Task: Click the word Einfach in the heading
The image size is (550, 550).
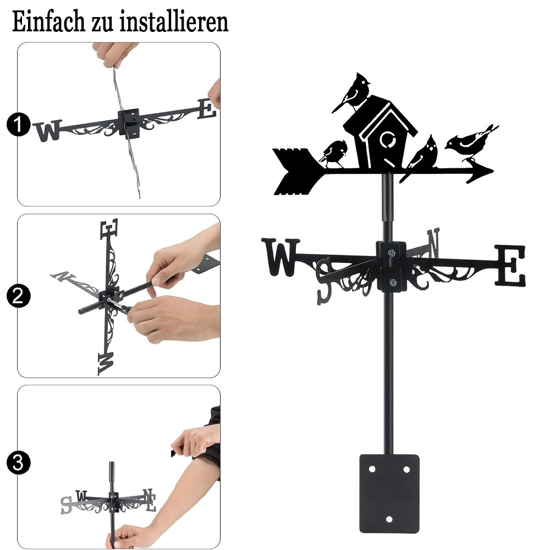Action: click(x=48, y=21)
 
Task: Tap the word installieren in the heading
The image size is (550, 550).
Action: click(x=174, y=21)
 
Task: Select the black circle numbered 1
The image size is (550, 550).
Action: click(x=18, y=124)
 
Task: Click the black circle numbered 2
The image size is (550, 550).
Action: click(x=18, y=296)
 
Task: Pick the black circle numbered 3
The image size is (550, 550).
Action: click(x=18, y=463)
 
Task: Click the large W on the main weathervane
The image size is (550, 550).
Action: click(x=280, y=257)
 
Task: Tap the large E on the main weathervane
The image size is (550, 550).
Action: click(x=510, y=265)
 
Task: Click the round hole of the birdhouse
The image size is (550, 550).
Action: click(x=388, y=140)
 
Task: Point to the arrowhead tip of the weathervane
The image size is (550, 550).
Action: click(x=493, y=171)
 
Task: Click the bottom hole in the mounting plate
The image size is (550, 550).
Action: click(x=389, y=519)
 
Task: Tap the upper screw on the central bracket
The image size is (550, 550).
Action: click(x=392, y=252)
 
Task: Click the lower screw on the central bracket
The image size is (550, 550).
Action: click(x=393, y=282)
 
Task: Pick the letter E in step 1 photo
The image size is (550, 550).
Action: click(x=206, y=109)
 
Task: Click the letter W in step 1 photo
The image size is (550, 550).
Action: click(x=48, y=130)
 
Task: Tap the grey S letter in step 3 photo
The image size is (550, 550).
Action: click(x=66, y=505)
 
